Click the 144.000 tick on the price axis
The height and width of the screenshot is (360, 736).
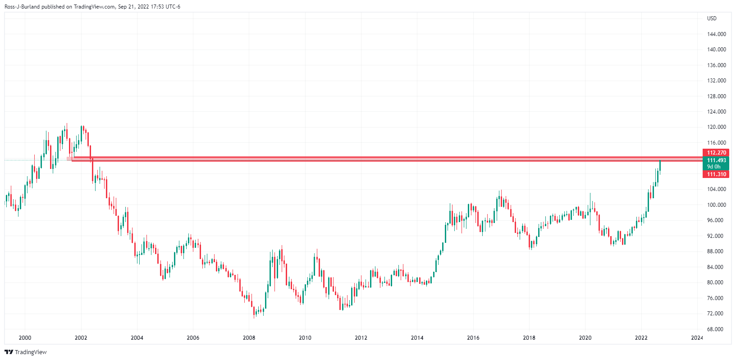(717, 34)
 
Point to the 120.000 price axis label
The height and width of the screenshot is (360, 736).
(717, 127)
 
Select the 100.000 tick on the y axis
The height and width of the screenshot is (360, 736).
(717, 205)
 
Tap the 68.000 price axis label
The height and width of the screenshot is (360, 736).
(717, 329)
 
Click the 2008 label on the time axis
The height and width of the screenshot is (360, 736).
(249, 338)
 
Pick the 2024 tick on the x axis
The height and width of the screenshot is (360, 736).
(697, 338)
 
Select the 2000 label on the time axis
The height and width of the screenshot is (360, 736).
(25, 338)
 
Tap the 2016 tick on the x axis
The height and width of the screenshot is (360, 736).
(473, 338)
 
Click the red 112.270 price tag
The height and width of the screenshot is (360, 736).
(716, 153)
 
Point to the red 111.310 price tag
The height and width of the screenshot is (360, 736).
(716, 174)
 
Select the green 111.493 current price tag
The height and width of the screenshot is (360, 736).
(716, 160)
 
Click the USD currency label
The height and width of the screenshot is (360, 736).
(712, 18)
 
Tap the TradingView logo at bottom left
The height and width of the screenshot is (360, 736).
(26, 352)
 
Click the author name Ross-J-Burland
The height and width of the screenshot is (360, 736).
(21, 7)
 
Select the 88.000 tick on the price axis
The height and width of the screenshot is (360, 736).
(717, 251)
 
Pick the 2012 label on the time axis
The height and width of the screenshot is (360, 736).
(361, 338)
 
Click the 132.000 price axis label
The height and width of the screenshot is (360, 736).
(717, 81)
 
